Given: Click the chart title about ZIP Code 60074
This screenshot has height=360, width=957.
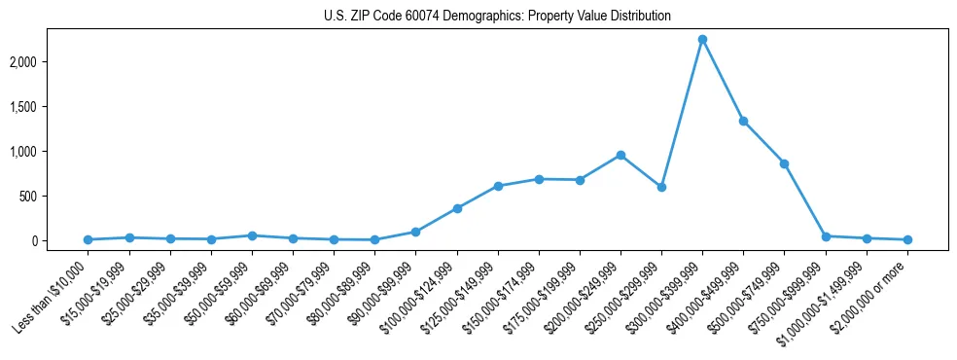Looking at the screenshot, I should point(497,17).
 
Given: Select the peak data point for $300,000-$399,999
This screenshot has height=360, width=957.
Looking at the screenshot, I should point(702,39).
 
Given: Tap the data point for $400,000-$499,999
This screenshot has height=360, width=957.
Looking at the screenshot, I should point(743,122).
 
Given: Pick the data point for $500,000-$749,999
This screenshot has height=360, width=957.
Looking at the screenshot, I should point(784,163).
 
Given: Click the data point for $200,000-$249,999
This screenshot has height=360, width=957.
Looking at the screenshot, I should point(620,155).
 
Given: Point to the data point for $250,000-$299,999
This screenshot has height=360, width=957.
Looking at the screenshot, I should point(661,187).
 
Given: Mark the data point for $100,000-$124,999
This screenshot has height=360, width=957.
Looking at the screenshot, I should point(457,208).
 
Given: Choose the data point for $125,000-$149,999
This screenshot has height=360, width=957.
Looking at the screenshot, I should point(498,186).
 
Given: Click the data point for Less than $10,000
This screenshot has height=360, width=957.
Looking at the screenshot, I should point(89,239).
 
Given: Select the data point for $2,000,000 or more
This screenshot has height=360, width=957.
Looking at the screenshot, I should point(907,239).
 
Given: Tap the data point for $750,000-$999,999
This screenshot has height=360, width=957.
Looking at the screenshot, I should point(826,236).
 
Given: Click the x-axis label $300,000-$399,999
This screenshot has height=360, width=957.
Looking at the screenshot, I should point(670,292).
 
